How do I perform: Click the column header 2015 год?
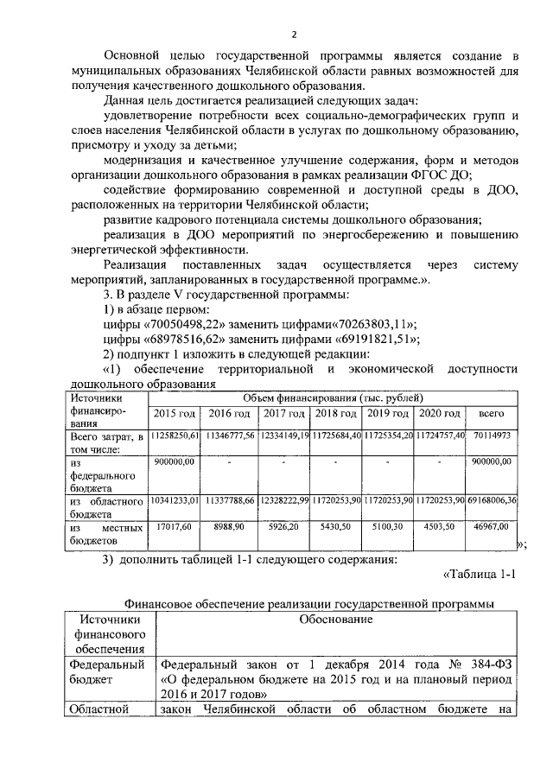tap(175, 414)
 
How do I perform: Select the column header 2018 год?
tap(335, 414)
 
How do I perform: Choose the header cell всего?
tap(491, 414)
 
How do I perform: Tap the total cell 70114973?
tap(491, 436)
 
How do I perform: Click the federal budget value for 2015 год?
tap(175, 462)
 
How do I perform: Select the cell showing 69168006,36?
tap(491, 500)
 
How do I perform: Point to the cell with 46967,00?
tap(491, 525)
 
